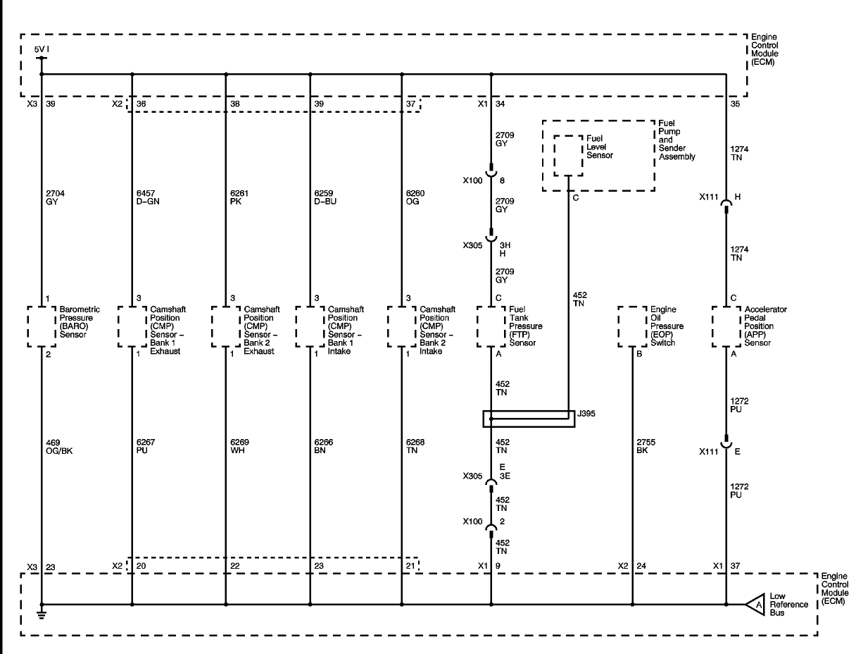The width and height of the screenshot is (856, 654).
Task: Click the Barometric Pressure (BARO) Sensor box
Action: coord(42,326)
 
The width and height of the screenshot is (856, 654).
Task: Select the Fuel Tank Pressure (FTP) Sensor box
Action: coord(491,326)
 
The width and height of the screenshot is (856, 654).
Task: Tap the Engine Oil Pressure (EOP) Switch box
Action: coord(632,326)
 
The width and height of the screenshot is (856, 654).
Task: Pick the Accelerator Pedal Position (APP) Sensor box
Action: coord(726,326)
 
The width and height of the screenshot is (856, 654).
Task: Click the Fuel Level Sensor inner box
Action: coord(567,156)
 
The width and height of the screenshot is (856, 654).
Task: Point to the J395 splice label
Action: coord(586,414)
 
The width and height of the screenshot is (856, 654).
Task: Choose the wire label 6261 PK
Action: coord(240,197)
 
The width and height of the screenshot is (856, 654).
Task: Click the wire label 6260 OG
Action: coord(416,197)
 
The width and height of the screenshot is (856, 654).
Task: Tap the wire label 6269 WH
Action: coord(240,446)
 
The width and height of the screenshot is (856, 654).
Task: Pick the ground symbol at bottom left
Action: coord(42,614)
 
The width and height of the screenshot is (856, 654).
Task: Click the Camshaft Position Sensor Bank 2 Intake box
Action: coord(401,326)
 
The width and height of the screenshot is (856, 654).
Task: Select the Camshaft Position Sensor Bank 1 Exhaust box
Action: coord(132,326)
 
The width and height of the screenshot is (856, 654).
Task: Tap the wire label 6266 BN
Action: coord(325,446)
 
